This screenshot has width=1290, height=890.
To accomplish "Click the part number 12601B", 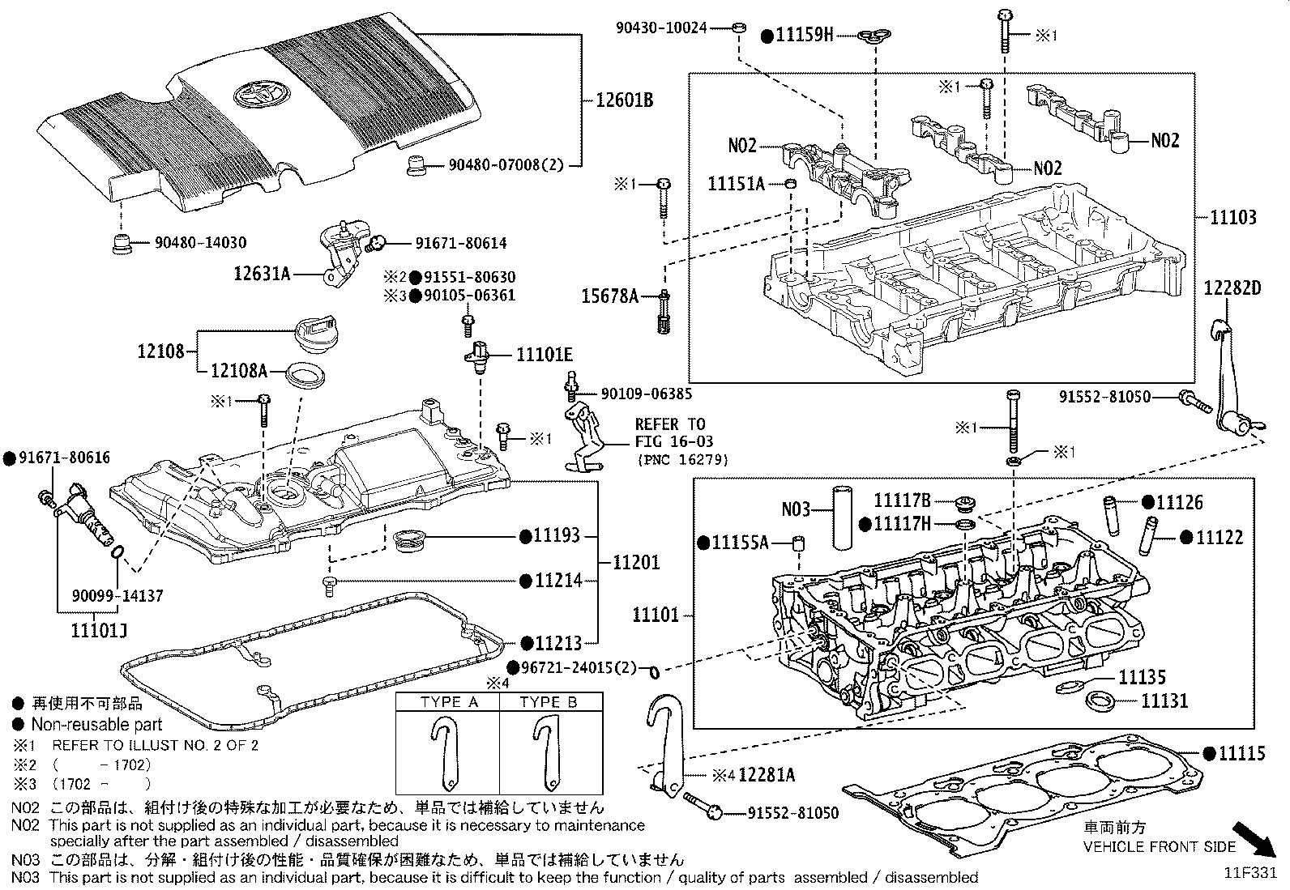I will pyautogui.click(x=624, y=101).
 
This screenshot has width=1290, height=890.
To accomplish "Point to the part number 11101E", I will pyautogui.click(x=545, y=355).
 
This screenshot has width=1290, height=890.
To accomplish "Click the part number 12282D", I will pyautogui.click(x=1232, y=288).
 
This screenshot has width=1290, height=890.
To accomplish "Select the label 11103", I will pyautogui.click(x=1233, y=217).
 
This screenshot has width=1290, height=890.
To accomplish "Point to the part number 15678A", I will pyautogui.click(x=610, y=296).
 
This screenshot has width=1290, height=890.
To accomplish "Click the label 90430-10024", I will pyautogui.click(x=660, y=28).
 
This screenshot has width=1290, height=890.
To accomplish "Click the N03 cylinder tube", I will pyautogui.click(x=843, y=518).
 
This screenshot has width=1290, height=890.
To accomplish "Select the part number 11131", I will pyautogui.click(x=1164, y=701).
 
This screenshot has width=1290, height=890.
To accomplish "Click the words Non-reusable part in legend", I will pyautogui.click(x=96, y=725).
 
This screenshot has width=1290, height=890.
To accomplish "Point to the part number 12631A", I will pyautogui.click(x=262, y=274).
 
